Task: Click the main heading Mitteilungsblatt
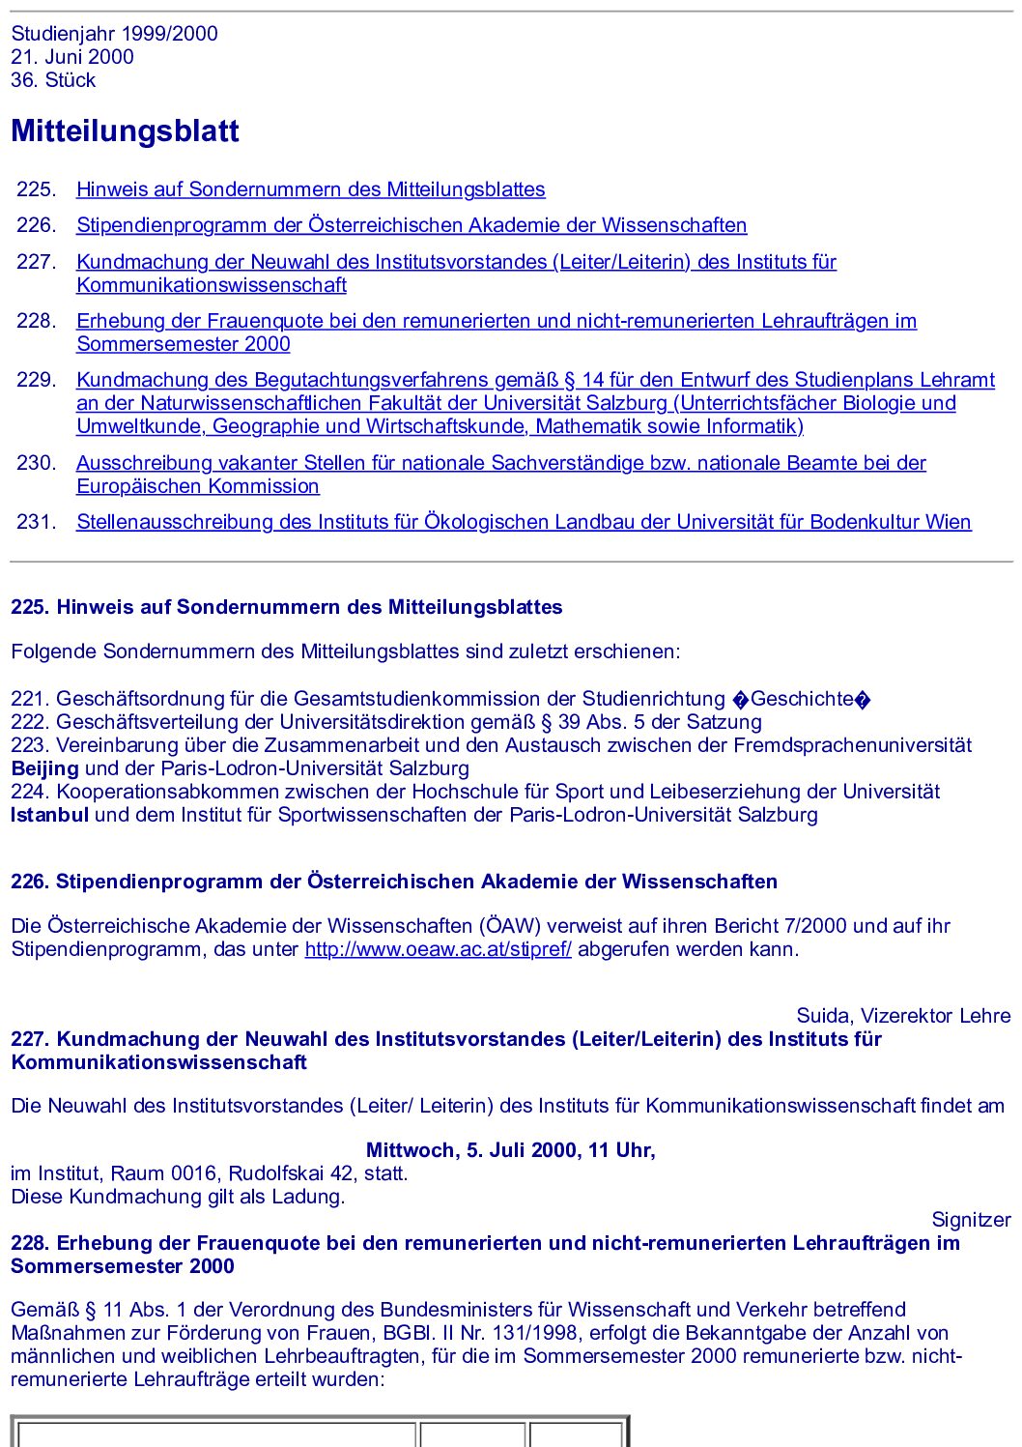[125, 131]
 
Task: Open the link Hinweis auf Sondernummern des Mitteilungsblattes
[310, 189]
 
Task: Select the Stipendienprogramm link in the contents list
[412, 225]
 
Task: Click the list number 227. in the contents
[37, 262]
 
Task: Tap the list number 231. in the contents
[37, 522]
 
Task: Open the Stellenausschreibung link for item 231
[524, 522]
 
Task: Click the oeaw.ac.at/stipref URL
[438, 949]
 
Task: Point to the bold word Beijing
[44, 768]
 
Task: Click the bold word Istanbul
[49, 815]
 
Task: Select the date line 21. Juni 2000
[72, 57]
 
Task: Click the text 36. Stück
[53, 80]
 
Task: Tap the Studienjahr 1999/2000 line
[114, 34]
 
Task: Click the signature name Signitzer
[971, 1220]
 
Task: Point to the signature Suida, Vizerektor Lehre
[903, 1016]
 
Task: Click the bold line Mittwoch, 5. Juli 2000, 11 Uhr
[510, 1150]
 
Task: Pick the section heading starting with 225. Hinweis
[286, 607]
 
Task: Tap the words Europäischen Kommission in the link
[198, 486]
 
